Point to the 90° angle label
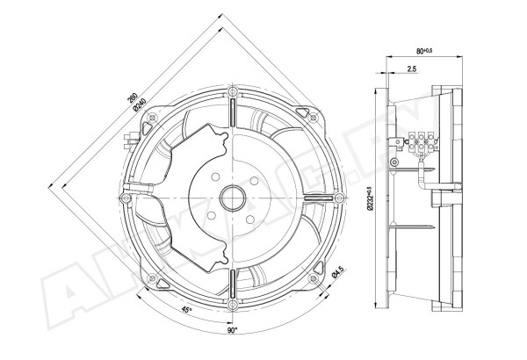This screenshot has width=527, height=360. point(232,331)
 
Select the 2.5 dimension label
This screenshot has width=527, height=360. point(412,68)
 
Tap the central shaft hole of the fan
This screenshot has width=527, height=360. point(232,198)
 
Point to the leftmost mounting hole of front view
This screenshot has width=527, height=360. point(126,198)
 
